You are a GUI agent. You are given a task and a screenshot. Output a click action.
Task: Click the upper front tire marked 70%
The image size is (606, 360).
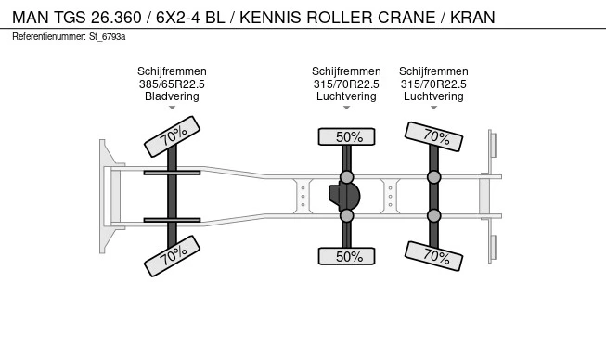coord(172,136)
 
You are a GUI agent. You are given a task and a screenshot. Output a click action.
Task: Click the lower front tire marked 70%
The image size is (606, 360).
coord(172,256)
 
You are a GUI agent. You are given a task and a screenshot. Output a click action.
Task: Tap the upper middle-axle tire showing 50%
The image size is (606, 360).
coord(347,136)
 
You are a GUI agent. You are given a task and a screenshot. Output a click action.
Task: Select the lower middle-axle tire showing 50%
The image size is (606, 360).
coord(347,256)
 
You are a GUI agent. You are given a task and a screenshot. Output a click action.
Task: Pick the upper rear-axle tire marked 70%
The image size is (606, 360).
coord(433,136)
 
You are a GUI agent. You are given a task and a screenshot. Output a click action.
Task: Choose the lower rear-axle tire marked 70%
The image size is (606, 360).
coord(433,256)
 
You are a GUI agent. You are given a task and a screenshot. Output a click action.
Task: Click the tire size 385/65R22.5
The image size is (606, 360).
coord(172,84)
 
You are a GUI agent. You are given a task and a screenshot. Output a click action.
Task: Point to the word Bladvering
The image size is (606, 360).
coord(172,96)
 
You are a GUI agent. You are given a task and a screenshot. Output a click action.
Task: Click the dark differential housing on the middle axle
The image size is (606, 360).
coord(344,196)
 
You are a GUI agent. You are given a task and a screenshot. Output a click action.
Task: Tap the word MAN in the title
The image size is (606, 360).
coord(31,18)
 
